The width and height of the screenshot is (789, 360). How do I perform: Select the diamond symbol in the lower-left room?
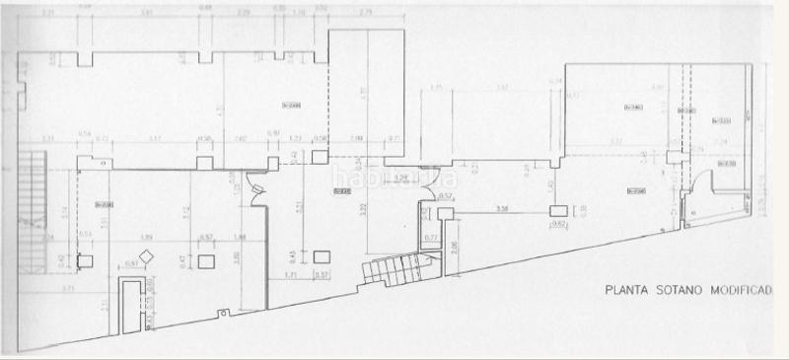(x=146, y=257)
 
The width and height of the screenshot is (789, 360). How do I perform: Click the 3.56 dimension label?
(x=502, y=208)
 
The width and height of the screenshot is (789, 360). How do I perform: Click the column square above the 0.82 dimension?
(x=558, y=210)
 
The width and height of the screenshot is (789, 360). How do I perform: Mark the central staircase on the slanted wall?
(x=390, y=268)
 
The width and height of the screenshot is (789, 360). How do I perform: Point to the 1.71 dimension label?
(x=291, y=274)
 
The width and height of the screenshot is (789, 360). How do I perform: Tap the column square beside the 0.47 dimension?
(x=206, y=261)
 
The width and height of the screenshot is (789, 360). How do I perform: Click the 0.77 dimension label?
(x=430, y=238)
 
